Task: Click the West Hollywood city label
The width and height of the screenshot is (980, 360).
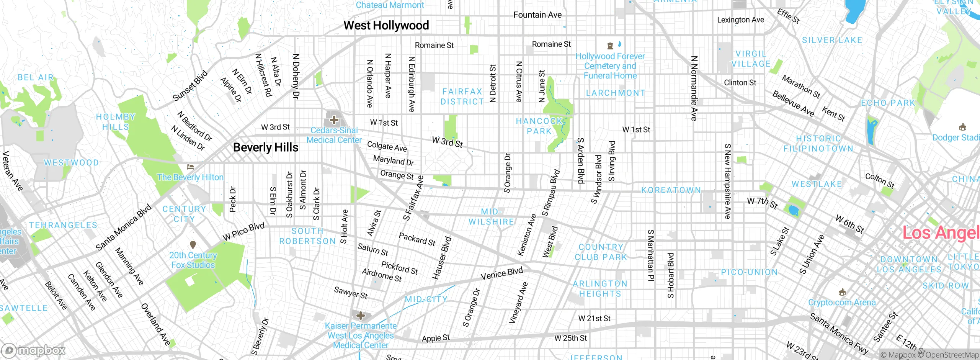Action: (x=386, y=26)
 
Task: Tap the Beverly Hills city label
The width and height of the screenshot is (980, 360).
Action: (x=265, y=147)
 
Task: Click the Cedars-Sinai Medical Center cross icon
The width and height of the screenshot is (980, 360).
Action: (x=334, y=120)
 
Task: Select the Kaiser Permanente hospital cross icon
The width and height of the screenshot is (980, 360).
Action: (x=361, y=316)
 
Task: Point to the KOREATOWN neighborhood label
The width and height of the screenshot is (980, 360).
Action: (x=671, y=190)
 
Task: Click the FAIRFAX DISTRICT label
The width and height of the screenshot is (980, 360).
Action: (x=462, y=97)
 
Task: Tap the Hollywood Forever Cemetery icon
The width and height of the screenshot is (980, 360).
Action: (x=610, y=46)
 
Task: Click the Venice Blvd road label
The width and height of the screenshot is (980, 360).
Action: (x=501, y=273)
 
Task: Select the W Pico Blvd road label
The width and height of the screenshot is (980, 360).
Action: (x=244, y=231)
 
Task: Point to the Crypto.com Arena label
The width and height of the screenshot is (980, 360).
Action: (x=841, y=303)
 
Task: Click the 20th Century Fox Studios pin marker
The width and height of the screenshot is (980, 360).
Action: (x=193, y=244)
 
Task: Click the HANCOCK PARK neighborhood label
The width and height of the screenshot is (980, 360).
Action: (x=539, y=126)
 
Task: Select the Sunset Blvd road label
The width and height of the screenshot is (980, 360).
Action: (x=190, y=86)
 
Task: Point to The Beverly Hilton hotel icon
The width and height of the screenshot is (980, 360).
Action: (x=190, y=167)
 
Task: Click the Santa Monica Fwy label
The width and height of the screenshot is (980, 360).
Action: (x=838, y=333)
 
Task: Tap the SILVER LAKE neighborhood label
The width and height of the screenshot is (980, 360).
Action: (x=832, y=40)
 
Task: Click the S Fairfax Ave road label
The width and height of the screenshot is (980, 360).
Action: (x=413, y=198)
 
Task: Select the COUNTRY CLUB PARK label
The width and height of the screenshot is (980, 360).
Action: (x=601, y=252)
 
